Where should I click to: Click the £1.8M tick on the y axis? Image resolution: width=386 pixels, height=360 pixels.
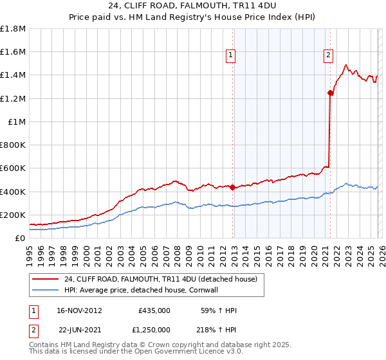13,29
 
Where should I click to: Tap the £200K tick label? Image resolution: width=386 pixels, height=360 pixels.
13,215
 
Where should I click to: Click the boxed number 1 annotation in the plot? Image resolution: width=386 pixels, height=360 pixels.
230,56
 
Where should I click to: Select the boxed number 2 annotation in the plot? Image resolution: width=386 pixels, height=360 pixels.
328,56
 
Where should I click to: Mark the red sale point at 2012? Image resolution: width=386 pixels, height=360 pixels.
232,188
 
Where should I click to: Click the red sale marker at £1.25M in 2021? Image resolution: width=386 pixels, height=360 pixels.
330,93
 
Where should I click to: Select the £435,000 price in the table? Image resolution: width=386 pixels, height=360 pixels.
154,310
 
